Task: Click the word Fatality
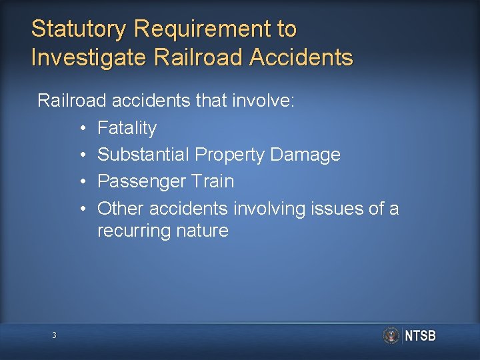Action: pyautogui.click(x=127, y=128)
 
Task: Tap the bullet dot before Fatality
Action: pyautogui.click(x=81, y=128)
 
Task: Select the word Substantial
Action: pyautogui.click(x=143, y=155)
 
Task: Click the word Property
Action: pyautogui.click(x=229, y=155)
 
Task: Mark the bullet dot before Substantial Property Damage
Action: pyautogui.click(x=81, y=155)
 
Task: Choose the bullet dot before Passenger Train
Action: pyautogui.click(x=81, y=181)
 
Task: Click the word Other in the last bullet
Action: pyautogui.click(x=121, y=209)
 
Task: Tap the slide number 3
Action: pyautogui.click(x=54, y=335)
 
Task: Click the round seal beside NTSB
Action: pyautogui.click(x=391, y=335)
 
